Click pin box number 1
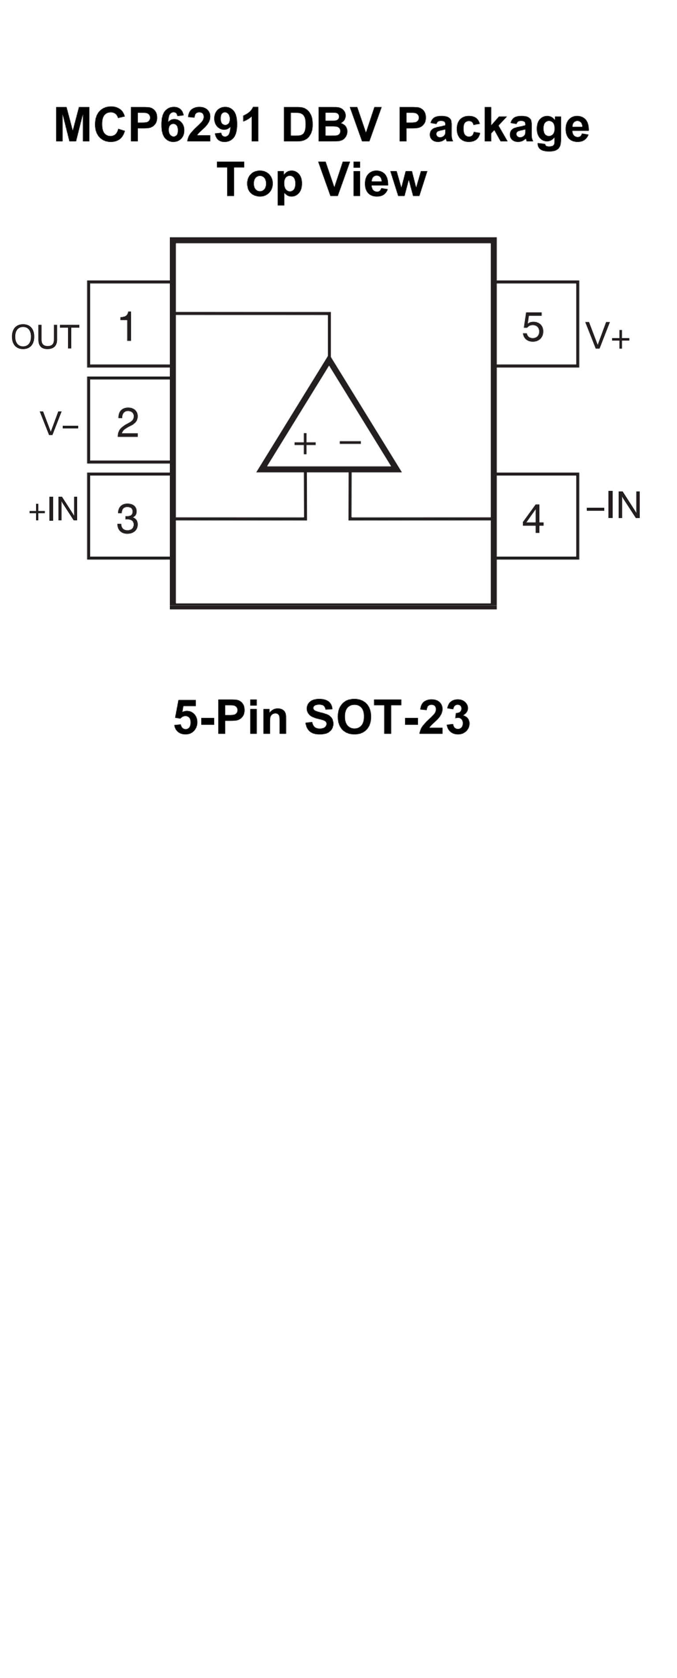click(x=129, y=324)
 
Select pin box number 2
click(x=129, y=420)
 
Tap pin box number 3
click(x=129, y=516)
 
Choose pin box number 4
click(x=536, y=516)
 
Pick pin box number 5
click(x=536, y=324)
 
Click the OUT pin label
click(x=45, y=337)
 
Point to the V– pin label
click(x=59, y=423)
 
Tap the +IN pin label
click(x=53, y=509)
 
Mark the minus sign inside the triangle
click(x=350, y=442)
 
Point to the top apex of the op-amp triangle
click(x=329, y=360)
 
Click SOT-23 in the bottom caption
click(x=387, y=717)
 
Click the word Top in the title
click(x=259, y=181)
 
